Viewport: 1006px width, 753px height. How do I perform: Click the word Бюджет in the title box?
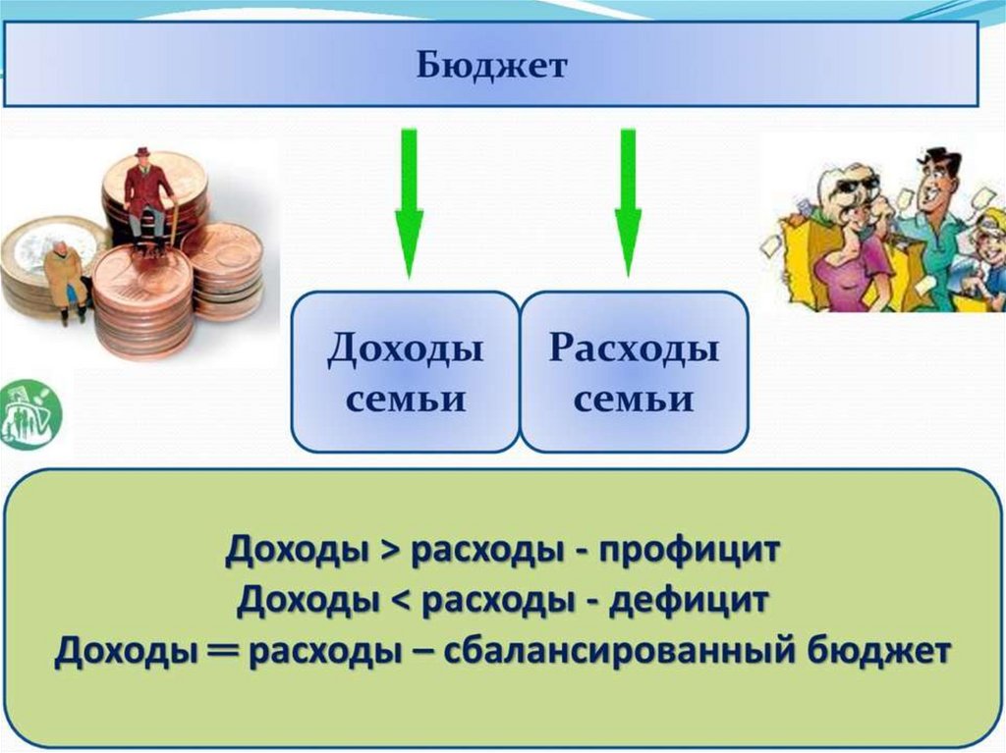point(493,66)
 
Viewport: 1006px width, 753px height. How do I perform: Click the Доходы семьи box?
point(405,372)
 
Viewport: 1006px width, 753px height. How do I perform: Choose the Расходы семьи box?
point(634,372)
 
